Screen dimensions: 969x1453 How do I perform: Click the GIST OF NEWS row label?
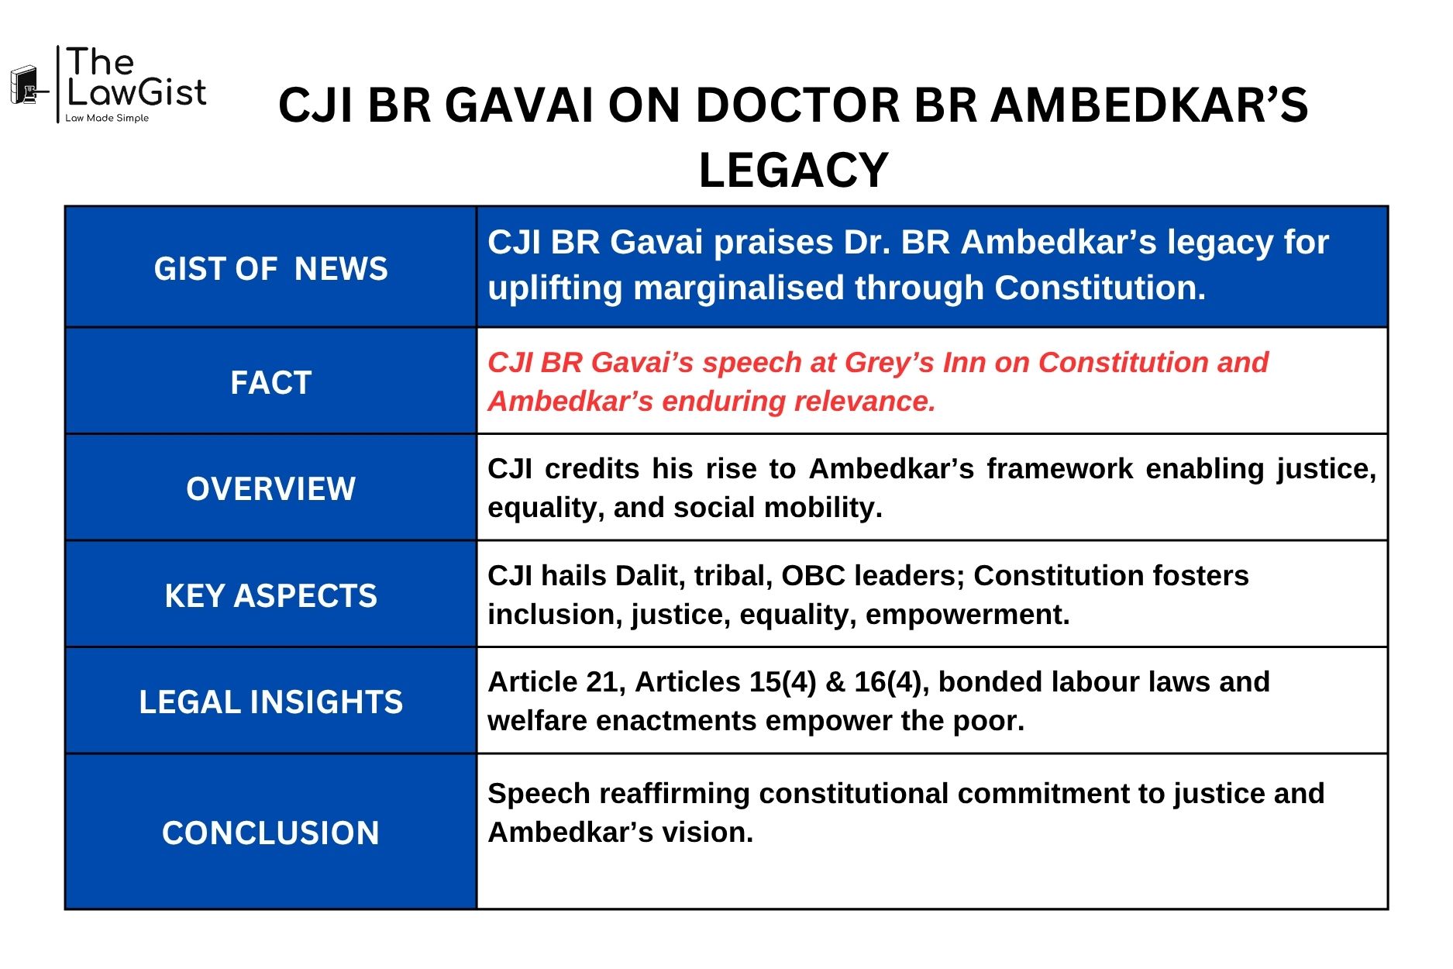[270, 269]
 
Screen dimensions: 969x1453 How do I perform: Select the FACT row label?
[270, 383]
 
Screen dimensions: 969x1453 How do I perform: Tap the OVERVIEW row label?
[270, 489]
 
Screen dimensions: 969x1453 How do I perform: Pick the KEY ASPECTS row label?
[270, 596]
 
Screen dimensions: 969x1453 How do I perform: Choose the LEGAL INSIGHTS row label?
[270, 702]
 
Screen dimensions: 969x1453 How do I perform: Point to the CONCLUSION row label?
[270, 833]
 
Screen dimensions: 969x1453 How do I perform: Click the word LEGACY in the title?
[793, 171]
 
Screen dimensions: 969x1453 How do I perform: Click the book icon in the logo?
[26, 85]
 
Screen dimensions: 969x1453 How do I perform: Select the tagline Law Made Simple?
[107, 119]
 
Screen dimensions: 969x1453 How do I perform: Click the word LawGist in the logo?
[136, 93]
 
